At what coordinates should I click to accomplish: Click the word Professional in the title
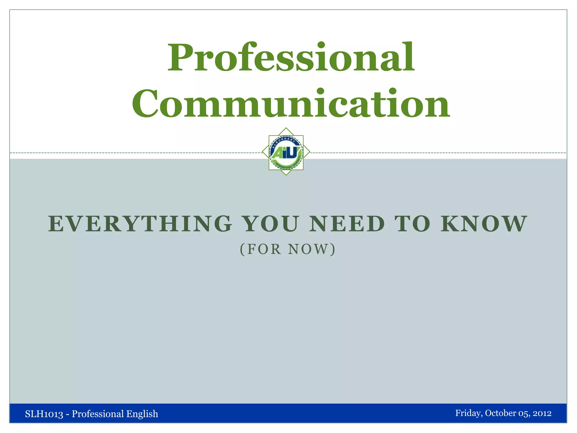291,58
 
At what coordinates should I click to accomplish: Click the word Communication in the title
291,104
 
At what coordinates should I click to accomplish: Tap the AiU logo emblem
286,152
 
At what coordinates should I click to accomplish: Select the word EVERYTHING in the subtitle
140,224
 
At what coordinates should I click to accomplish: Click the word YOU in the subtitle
270,224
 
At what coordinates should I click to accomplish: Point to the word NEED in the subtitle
347,224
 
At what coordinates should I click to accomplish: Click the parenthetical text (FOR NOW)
288,249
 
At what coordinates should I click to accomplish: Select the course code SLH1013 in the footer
44,414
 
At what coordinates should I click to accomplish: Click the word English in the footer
142,414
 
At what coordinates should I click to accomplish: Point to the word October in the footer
500,413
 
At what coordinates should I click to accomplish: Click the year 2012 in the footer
542,413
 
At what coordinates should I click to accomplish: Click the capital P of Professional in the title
179,58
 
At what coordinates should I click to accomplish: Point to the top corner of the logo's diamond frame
286,128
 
